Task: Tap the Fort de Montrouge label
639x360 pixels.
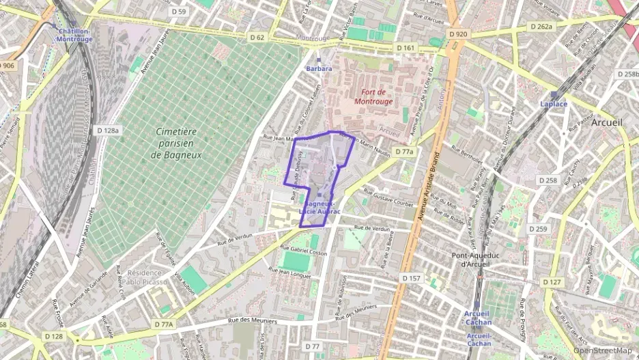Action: (373, 97)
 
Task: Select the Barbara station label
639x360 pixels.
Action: (319, 68)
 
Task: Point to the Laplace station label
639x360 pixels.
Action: (554, 104)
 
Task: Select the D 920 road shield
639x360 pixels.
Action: (458, 33)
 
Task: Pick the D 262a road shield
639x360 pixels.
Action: (541, 27)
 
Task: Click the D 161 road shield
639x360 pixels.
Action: (405, 49)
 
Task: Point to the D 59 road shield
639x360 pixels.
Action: (179, 12)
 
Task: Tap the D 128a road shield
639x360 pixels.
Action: (108, 130)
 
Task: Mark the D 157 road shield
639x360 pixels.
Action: (411, 278)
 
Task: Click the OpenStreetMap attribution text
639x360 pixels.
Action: (603, 351)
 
